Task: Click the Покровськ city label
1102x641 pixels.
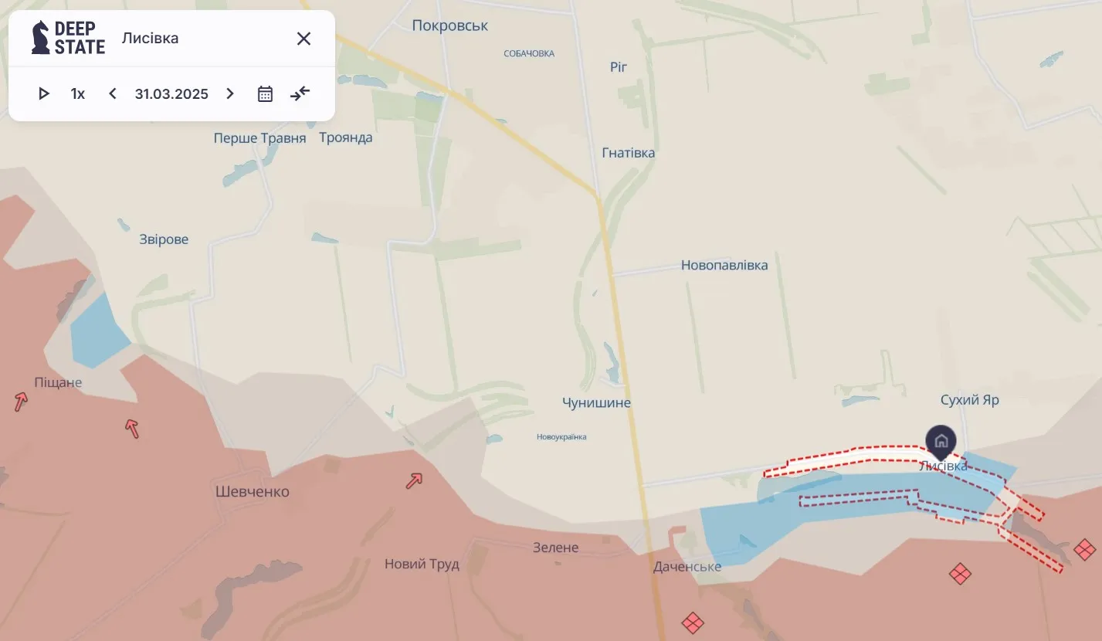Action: (x=450, y=25)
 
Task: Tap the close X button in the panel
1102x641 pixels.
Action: (x=303, y=39)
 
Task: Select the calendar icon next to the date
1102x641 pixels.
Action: (x=265, y=94)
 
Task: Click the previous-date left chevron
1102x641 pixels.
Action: (x=113, y=94)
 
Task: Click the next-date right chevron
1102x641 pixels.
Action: (x=229, y=94)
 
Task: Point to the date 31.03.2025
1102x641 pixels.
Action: (x=171, y=94)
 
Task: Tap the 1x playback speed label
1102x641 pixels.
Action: (x=78, y=94)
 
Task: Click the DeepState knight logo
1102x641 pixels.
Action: (x=40, y=37)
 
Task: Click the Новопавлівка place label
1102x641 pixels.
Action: (x=724, y=266)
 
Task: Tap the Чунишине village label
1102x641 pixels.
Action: (x=596, y=403)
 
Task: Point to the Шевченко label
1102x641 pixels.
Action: (x=253, y=492)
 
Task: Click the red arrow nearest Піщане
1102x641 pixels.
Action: (x=21, y=402)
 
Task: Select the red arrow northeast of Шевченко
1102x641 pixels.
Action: (x=414, y=481)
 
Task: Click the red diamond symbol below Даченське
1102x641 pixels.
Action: (x=693, y=622)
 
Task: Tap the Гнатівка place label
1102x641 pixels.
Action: (x=629, y=153)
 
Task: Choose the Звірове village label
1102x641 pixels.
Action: (x=164, y=239)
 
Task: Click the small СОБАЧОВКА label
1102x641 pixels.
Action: (x=529, y=54)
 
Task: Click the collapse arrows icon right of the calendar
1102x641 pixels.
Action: (x=300, y=94)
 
